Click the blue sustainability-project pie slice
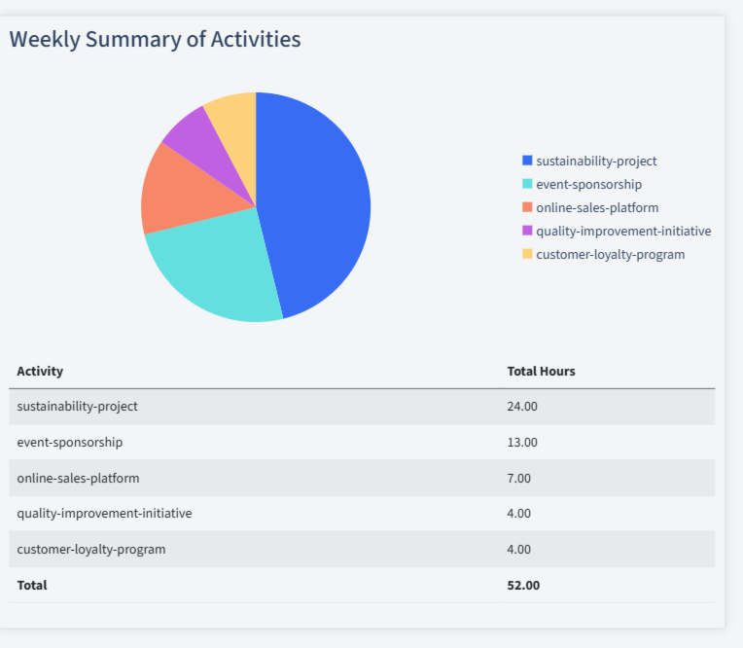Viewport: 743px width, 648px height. tap(316, 199)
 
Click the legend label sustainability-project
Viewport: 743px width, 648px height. tap(596, 161)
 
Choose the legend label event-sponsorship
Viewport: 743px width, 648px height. tap(588, 184)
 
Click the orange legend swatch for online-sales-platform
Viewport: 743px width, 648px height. tap(527, 207)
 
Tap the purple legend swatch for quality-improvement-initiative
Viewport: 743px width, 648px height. tap(527, 231)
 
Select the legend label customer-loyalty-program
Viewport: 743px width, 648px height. tap(610, 254)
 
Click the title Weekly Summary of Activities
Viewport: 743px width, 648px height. tap(155, 39)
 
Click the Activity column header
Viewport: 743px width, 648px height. tap(40, 371)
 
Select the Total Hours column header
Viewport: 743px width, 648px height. tap(541, 371)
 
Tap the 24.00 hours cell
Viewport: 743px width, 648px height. tap(522, 406)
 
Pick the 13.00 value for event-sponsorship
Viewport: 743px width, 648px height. tap(522, 442)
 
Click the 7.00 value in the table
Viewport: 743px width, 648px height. tap(519, 478)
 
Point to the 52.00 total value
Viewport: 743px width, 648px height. tap(523, 585)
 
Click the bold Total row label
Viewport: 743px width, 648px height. tap(32, 585)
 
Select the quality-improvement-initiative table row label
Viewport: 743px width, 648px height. tap(104, 513)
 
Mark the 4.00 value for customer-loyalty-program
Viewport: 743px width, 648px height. tap(519, 549)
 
